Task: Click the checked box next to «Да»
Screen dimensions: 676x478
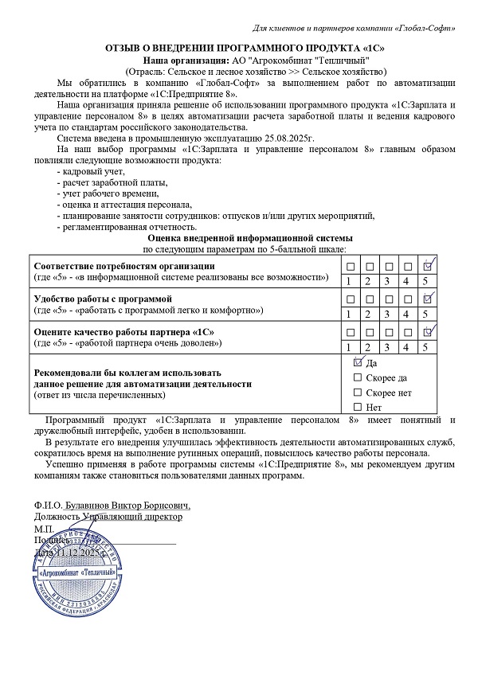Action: point(358,362)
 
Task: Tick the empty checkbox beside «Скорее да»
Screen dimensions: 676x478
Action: point(358,377)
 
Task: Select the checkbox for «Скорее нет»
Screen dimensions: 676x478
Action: point(358,393)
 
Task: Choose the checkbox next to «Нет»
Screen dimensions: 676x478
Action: point(358,408)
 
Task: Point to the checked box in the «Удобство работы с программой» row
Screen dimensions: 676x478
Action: point(428,298)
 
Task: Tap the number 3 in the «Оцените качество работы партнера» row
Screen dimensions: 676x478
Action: point(387,346)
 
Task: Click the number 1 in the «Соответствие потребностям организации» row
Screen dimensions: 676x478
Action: point(348,281)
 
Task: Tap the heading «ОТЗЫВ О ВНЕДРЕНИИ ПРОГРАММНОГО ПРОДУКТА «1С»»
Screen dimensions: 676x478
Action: point(238,49)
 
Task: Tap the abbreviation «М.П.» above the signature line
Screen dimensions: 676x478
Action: point(43,529)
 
